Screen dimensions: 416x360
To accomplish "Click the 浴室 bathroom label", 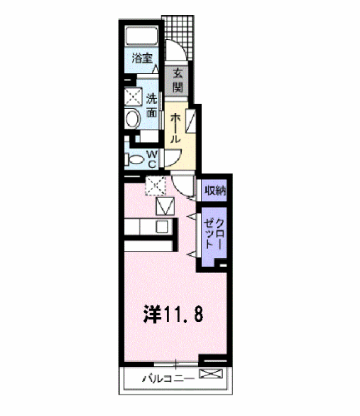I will (142, 58).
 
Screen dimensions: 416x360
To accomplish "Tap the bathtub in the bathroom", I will (142, 37).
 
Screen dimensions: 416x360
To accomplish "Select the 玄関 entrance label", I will (178, 79).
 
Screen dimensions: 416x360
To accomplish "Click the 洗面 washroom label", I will (153, 106).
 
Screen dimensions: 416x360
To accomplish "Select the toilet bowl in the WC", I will (134, 158).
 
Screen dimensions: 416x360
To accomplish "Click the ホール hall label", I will (176, 129).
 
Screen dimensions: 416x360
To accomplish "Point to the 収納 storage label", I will (215, 191).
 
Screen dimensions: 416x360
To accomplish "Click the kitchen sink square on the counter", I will (163, 225).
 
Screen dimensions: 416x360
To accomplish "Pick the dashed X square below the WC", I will (155, 186).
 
